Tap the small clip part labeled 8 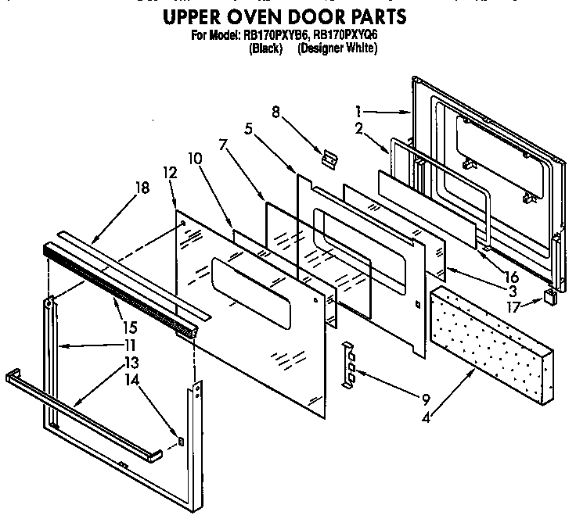pos(329,157)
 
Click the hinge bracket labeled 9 pos(350,362)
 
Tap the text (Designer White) pos(338,48)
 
